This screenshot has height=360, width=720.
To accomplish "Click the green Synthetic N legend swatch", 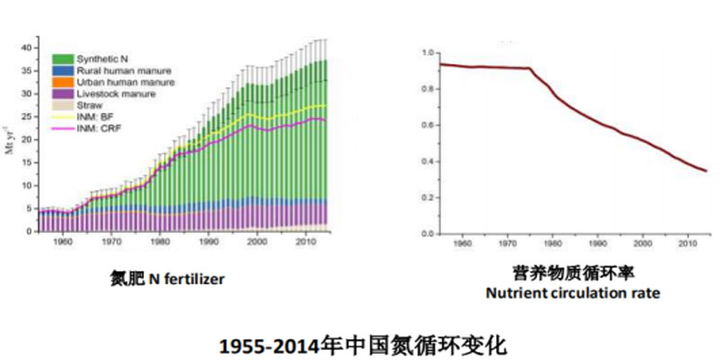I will [x=62, y=58].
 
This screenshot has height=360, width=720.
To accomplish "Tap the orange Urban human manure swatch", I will [x=62, y=82].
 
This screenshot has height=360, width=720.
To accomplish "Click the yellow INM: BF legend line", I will [x=62, y=116].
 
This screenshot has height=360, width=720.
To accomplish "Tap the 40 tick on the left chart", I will [x=26, y=48].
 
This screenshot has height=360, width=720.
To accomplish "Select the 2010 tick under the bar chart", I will [x=305, y=242].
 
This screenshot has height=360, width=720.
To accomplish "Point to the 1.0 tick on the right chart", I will [x=427, y=53].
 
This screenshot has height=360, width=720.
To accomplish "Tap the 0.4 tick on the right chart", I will [x=427, y=162].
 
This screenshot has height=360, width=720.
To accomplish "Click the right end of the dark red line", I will [x=706, y=171].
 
